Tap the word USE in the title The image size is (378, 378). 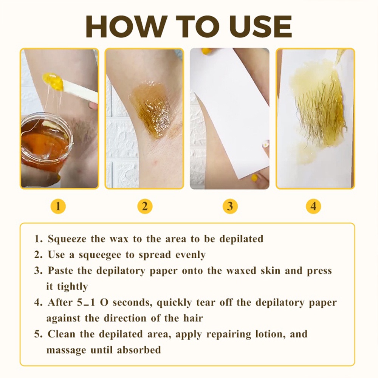coord(261,26)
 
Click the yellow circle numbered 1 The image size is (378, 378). coord(58,206)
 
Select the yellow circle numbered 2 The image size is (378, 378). coord(145,206)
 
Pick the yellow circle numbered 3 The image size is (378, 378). coord(230,206)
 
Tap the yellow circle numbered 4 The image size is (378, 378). coord(313,206)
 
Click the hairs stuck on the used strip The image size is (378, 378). coord(318,118)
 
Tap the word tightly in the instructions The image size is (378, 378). coord(72,287)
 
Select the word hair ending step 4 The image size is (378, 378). coord(193,318)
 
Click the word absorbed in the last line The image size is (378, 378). coord(139,350)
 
